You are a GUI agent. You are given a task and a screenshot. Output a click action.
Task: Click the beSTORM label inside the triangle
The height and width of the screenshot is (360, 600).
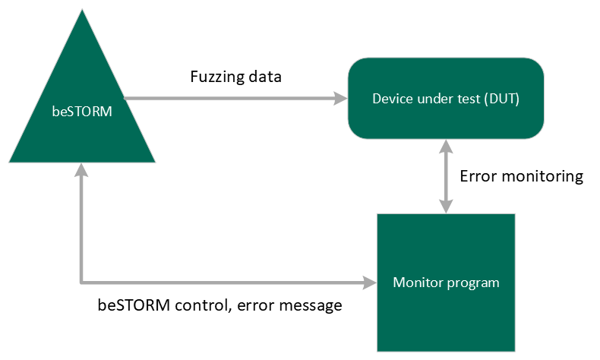click(x=82, y=112)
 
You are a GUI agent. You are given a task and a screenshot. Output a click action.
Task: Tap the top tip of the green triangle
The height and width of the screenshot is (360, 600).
click(x=82, y=10)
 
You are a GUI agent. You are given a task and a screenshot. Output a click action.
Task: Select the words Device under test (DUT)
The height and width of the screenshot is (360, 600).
click(x=446, y=99)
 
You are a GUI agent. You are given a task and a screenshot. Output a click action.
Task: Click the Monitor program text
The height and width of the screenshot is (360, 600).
click(x=446, y=283)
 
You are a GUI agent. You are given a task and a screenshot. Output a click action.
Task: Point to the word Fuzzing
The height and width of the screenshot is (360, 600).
click(x=217, y=77)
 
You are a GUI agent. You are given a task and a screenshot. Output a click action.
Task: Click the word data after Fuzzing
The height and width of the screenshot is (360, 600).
click(x=265, y=77)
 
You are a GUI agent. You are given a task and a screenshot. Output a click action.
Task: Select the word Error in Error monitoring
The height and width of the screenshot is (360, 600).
click(x=478, y=176)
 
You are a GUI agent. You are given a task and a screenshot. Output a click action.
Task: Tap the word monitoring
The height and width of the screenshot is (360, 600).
click(x=542, y=177)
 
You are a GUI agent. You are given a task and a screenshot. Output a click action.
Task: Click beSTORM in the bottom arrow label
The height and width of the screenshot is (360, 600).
click(x=134, y=305)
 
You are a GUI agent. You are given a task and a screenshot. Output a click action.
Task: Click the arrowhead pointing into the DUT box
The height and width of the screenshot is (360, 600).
click(x=340, y=98)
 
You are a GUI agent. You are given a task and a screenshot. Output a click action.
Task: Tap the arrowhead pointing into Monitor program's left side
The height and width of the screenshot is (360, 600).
click(x=370, y=283)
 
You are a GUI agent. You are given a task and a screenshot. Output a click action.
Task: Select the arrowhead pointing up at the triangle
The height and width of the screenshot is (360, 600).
click(x=81, y=170)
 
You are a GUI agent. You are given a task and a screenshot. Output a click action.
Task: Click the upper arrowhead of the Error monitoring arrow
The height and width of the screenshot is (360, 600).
click(x=446, y=147)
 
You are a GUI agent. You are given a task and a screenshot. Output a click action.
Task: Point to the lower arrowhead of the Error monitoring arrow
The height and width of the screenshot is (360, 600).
click(x=446, y=207)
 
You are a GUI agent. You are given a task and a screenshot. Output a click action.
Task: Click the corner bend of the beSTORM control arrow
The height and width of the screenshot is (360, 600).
click(x=81, y=283)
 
